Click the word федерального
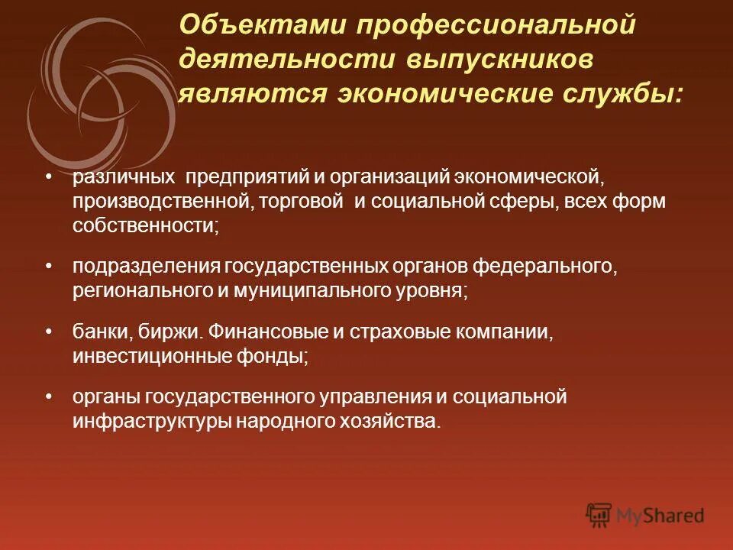544,267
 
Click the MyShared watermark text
661,516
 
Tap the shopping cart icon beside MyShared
599,514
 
